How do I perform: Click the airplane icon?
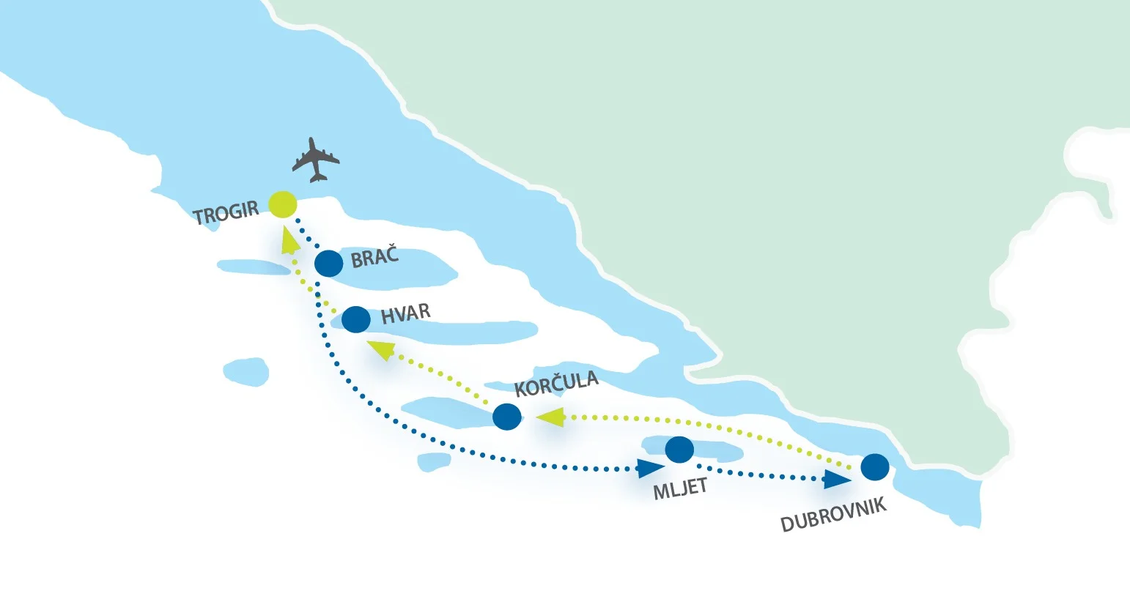click(316, 159)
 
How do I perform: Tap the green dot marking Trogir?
click(283, 204)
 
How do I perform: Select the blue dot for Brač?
click(328, 263)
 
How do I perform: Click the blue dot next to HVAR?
click(356, 319)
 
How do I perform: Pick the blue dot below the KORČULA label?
click(507, 417)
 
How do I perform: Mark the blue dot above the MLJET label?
click(679, 449)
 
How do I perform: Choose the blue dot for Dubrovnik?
click(875, 466)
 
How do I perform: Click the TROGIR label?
click(226, 213)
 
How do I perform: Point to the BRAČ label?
click(374, 256)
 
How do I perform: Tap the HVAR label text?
click(405, 314)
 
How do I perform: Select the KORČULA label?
click(556, 384)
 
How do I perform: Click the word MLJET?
click(680, 488)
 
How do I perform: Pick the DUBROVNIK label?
click(833, 515)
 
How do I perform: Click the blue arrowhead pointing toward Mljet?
click(650, 468)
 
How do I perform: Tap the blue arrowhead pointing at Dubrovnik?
click(836, 480)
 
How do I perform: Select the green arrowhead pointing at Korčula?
click(550, 417)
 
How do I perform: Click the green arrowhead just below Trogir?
click(290, 237)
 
